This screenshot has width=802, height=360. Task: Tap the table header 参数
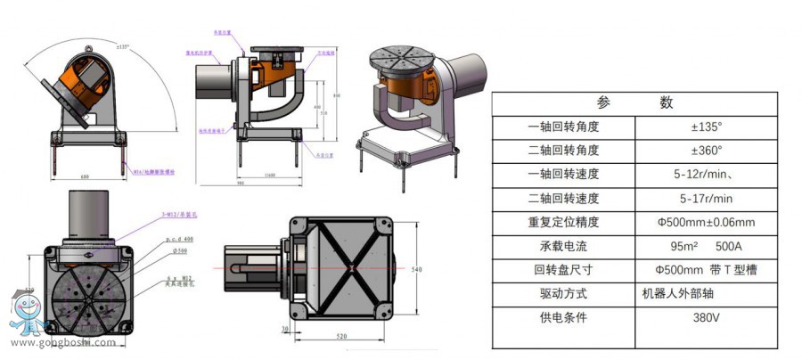(634, 102)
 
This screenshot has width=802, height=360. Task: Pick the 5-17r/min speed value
(706, 198)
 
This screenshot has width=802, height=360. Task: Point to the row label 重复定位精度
(563, 222)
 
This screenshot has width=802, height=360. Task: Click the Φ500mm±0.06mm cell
(706, 222)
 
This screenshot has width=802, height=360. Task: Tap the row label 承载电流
(563, 246)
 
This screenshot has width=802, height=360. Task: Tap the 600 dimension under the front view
(85, 177)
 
